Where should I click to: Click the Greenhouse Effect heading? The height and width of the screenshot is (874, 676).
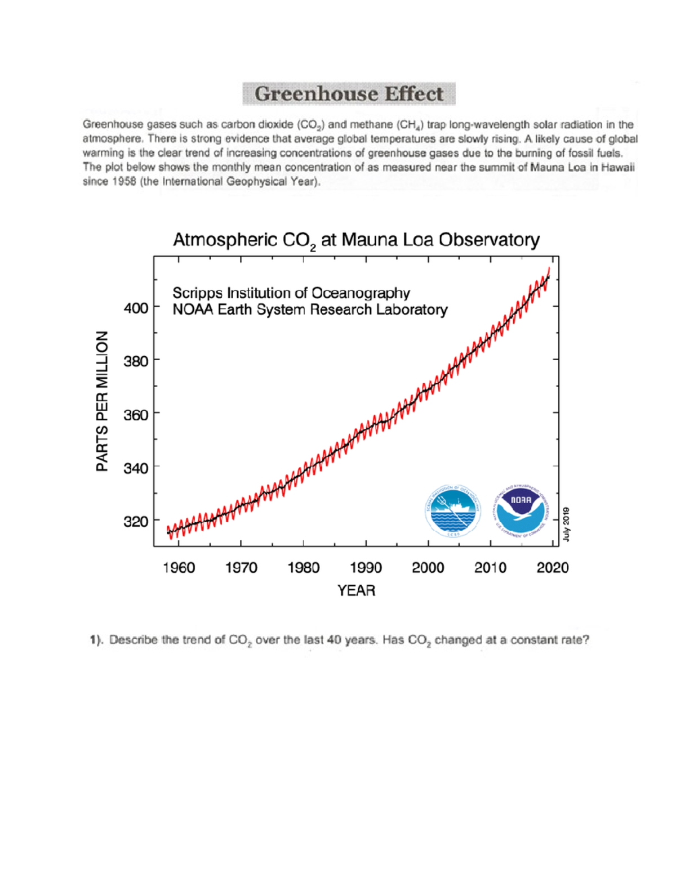click(349, 94)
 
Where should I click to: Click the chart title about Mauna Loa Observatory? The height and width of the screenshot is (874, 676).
click(356, 240)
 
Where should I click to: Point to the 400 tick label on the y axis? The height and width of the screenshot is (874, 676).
click(136, 308)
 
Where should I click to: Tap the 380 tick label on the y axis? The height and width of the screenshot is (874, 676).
click(136, 361)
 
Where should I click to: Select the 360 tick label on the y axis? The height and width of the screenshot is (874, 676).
click(136, 415)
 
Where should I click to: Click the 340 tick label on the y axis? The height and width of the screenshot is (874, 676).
click(136, 468)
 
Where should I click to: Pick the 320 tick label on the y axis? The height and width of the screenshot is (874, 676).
click(136, 522)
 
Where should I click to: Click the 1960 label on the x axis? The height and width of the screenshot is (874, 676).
click(179, 568)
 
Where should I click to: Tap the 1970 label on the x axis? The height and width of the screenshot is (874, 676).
click(241, 568)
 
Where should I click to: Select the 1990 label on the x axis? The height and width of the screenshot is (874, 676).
click(366, 568)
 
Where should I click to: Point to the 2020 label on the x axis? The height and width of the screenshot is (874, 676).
click(552, 568)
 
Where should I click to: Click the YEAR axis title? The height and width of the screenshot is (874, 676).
click(356, 590)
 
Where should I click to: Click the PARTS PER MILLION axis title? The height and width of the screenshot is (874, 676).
click(102, 401)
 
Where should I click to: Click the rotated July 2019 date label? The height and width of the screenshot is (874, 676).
click(566, 524)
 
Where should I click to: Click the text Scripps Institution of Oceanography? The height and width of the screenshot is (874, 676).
click(291, 293)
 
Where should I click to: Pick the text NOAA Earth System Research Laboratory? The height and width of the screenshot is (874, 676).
click(310, 310)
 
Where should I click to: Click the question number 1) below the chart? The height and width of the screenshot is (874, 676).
click(97, 640)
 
